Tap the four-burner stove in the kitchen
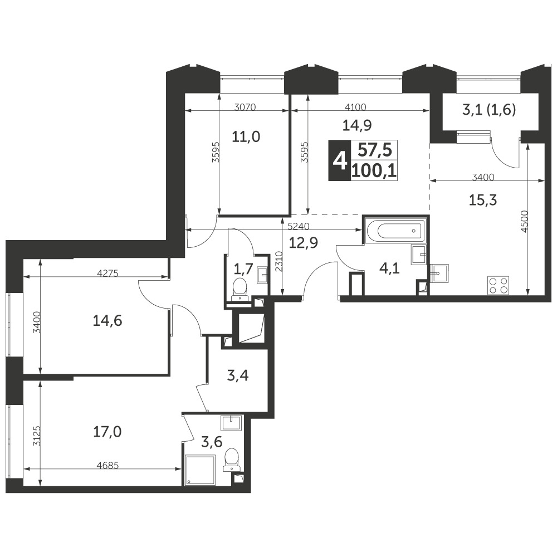[x=498, y=285]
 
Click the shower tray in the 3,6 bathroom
[x=199, y=470]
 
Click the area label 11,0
[x=246, y=136]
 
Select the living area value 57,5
[x=374, y=150]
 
